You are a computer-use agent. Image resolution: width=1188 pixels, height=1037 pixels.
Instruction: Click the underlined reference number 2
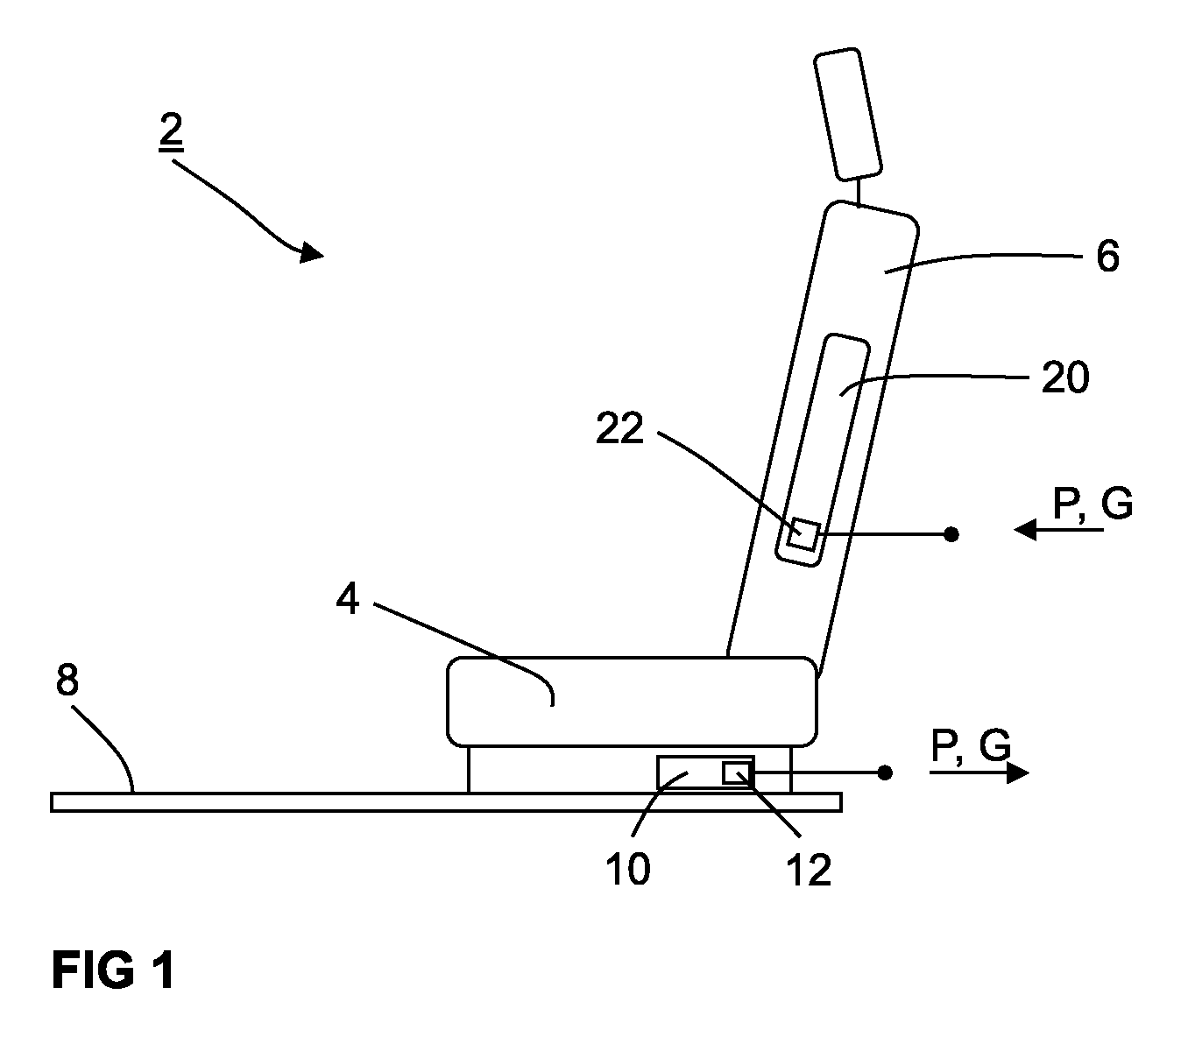pyautogui.click(x=171, y=132)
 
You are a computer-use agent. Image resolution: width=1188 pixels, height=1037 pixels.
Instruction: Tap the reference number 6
pyautogui.click(x=1107, y=256)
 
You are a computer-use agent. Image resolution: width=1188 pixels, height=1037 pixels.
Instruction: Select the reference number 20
pyautogui.click(x=1064, y=377)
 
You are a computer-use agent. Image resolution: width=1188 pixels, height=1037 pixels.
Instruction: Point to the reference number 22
pyautogui.click(x=619, y=428)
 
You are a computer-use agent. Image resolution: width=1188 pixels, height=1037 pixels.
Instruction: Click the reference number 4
pyautogui.click(x=348, y=599)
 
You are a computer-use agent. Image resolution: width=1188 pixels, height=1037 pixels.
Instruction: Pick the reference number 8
pyautogui.click(x=67, y=680)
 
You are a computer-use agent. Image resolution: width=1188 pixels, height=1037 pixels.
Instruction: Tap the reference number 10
pyautogui.click(x=627, y=869)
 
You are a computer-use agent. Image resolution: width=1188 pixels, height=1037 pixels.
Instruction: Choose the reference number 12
pyautogui.click(x=809, y=870)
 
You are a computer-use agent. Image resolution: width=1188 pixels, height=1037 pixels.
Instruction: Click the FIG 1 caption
pyautogui.click(x=113, y=970)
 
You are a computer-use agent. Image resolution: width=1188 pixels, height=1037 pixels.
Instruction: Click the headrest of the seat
pyautogui.click(x=848, y=114)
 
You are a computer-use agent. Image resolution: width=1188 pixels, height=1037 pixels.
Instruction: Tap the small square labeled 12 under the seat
pyautogui.click(x=736, y=773)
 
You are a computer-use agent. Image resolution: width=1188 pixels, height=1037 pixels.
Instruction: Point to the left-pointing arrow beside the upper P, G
pyautogui.click(x=1058, y=530)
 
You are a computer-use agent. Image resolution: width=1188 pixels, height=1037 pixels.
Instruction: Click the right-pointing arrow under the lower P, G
pyautogui.click(x=979, y=773)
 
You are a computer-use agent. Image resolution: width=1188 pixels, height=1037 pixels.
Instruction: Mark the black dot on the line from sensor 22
pyautogui.click(x=951, y=534)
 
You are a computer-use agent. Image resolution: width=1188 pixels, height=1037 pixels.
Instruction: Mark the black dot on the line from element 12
pyautogui.click(x=884, y=773)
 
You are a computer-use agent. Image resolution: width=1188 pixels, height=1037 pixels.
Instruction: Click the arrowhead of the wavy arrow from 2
pyautogui.click(x=311, y=252)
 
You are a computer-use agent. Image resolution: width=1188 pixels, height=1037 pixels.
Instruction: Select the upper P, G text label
pyautogui.click(x=1093, y=504)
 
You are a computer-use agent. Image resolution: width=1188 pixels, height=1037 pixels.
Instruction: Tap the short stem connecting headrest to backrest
pyautogui.click(x=857, y=192)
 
